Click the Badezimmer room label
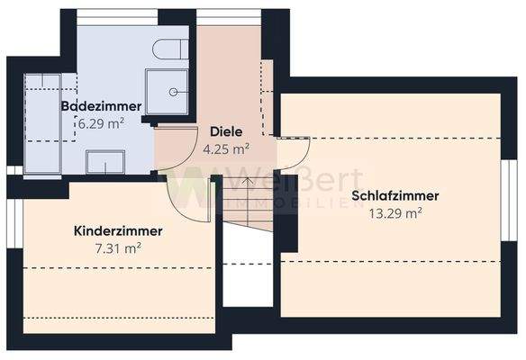[x=100, y=107]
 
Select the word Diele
[x=225, y=131]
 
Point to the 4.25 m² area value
[x=225, y=149]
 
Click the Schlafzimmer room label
[x=395, y=195]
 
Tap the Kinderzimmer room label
[x=117, y=231]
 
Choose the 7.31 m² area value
[x=119, y=248]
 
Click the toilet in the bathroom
[x=168, y=49]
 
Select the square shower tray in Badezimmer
[x=168, y=91]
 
